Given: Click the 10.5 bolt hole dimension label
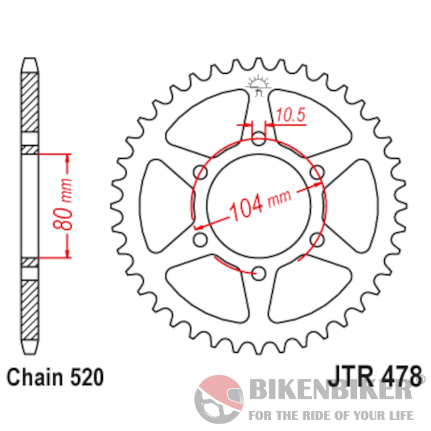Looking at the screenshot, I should pos(290,116).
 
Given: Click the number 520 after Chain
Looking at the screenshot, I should pos(85,377).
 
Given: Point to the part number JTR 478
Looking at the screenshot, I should pos(374,376).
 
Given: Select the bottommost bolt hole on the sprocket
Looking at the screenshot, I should pos(260,274).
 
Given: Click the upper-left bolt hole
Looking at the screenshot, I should pos(200,173).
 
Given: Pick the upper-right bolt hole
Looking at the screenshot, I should pos(318,172).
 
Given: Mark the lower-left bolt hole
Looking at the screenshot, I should pos(201,240).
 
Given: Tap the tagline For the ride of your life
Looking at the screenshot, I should pos(331,415).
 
